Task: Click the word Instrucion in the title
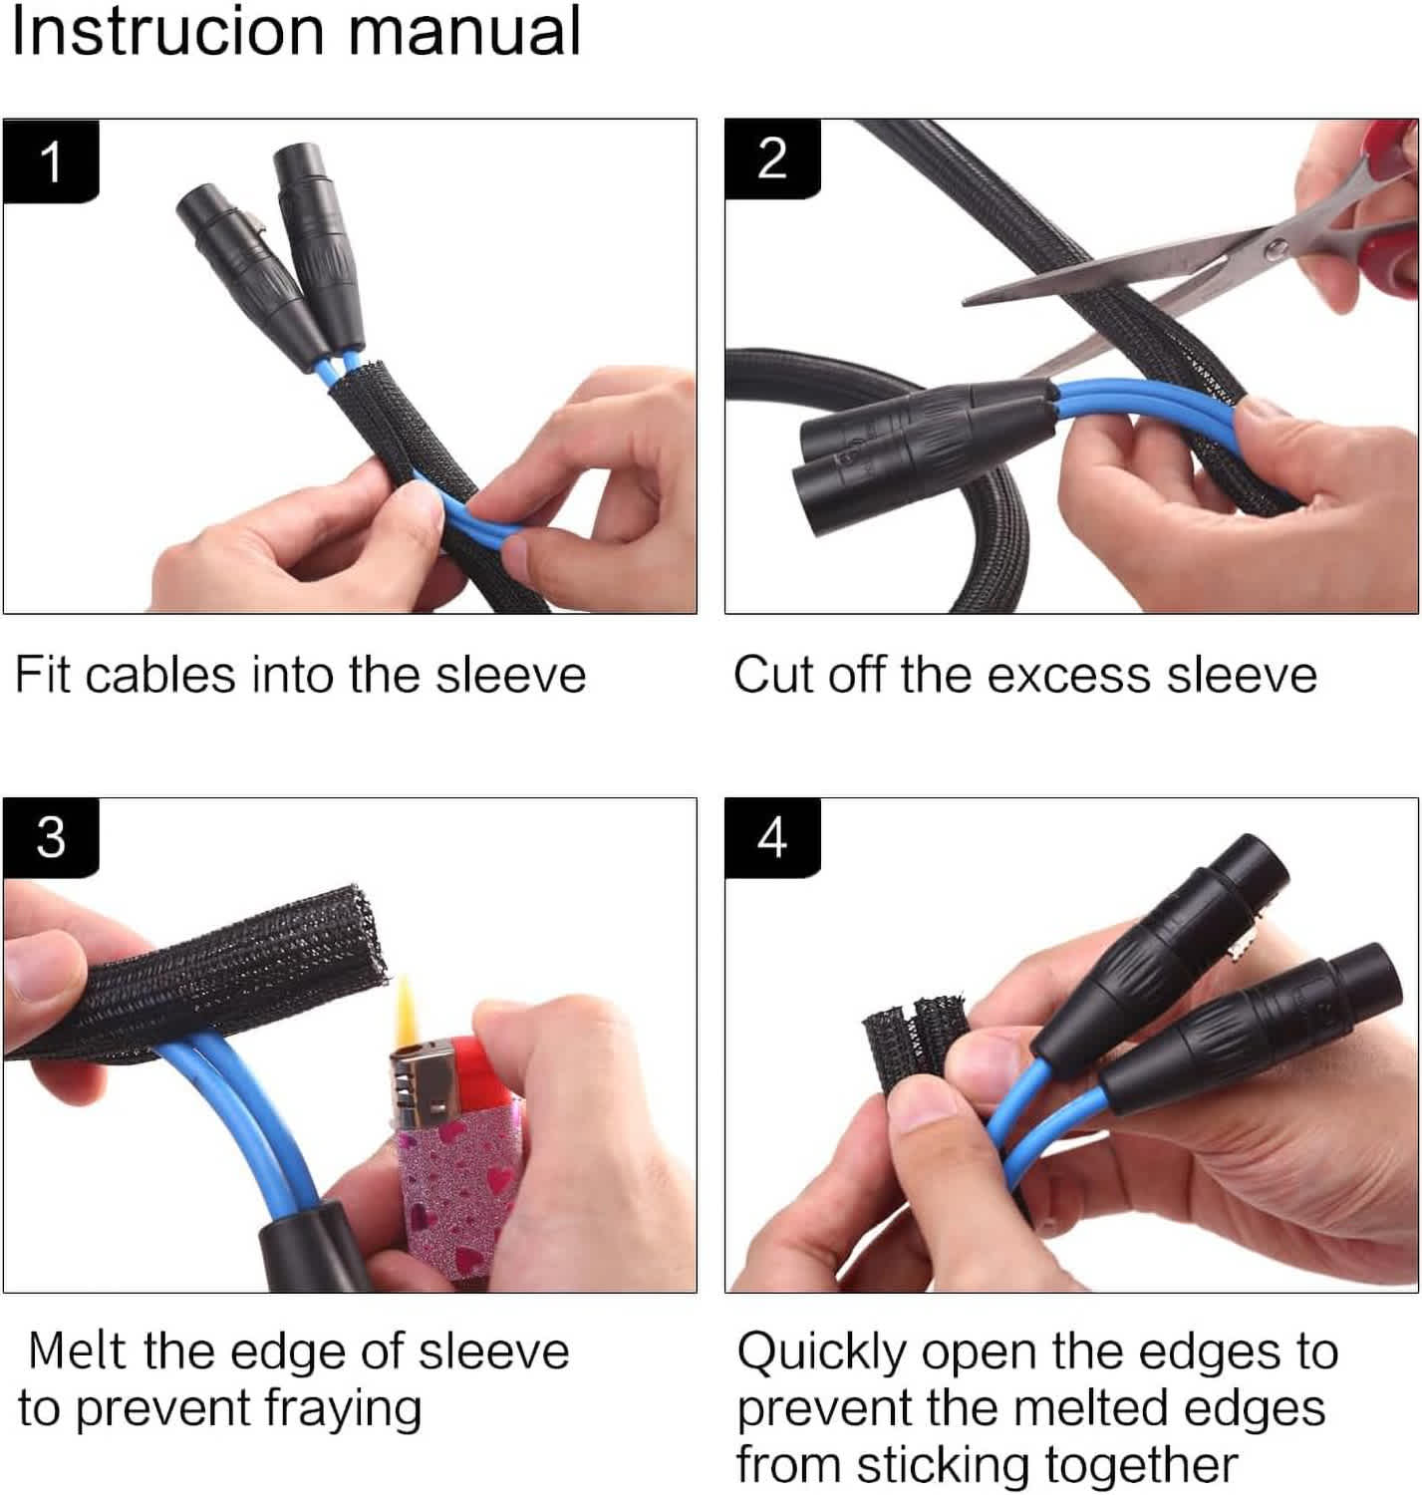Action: click(x=168, y=32)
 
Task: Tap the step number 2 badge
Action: click(x=772, y=159)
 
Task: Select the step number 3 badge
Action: click(x=51, y=837)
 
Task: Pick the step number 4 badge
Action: click(x=772, y=837)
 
